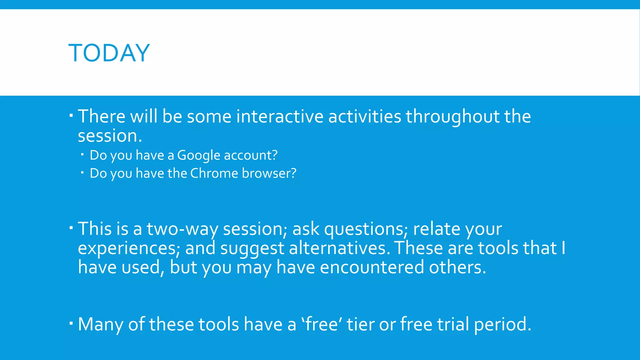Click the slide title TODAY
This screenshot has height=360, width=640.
109,53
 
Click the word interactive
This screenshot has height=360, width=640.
280,117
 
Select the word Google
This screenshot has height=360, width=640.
199,155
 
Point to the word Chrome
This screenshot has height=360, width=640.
214,173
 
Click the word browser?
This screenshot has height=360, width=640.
269,173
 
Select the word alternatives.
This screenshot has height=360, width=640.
339,248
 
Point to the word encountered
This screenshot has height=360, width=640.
372,268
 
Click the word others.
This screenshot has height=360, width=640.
457,268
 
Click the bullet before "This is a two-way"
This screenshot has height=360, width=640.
71,227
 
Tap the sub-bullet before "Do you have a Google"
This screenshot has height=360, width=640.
82,154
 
